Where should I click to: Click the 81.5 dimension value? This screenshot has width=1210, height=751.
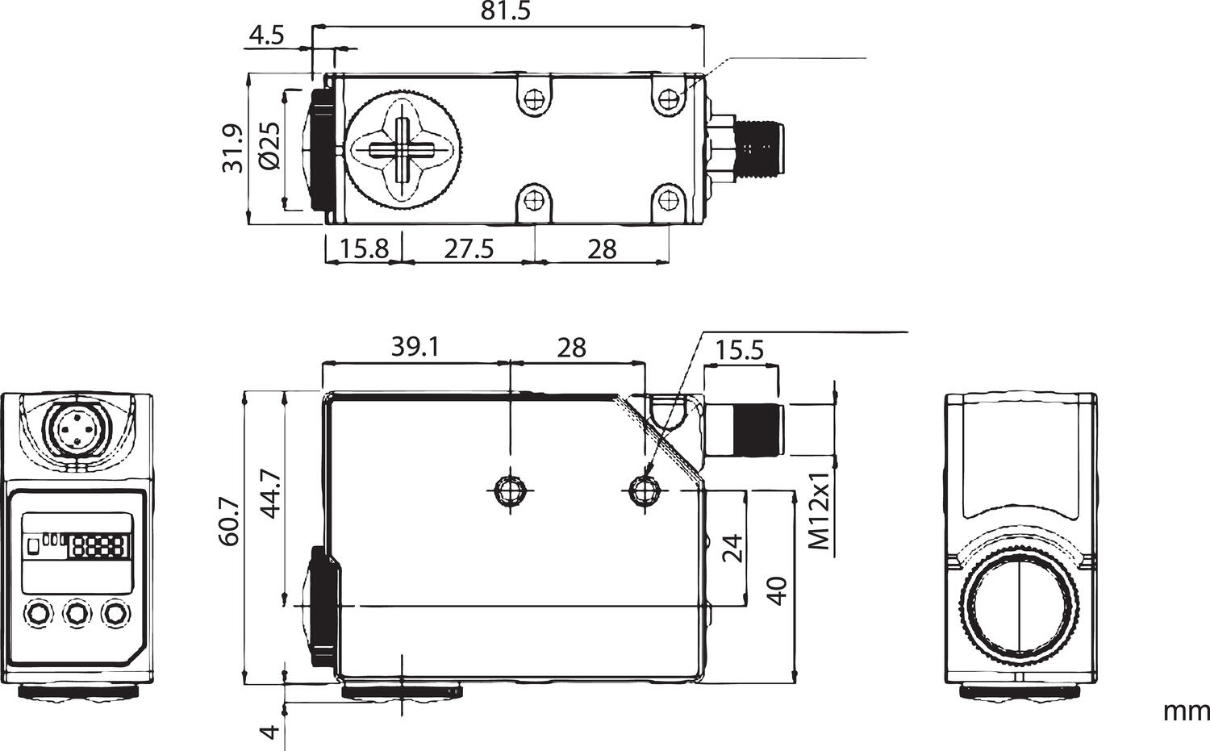(x=506, y=11)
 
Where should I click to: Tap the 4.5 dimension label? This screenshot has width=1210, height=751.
(x=266, y=35)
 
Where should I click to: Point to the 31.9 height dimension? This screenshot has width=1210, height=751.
(x=232, y=148)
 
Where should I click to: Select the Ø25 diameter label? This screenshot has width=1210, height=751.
(x=270, y=145)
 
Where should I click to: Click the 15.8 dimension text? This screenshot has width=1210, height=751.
(x=364, y=249)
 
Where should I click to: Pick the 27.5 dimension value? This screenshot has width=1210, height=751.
(x=469, y=249)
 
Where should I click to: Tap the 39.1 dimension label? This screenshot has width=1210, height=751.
(x=415, y=348)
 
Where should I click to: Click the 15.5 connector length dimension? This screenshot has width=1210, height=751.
(x=740, y=350)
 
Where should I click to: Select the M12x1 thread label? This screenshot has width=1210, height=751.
(x=819, y=510)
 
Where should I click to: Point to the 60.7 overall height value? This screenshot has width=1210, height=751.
(x=230, y=521)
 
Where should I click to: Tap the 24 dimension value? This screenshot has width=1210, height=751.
(x=732, y=548)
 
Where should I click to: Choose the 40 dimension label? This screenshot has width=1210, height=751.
(x=777, y=591)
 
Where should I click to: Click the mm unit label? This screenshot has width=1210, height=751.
(x=1187, y=727)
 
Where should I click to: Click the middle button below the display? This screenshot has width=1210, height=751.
(x=77, y=613)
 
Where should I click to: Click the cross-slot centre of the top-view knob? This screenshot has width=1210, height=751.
(x=403, y=148)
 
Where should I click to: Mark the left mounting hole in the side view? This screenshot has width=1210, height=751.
(x=511, y=490)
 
